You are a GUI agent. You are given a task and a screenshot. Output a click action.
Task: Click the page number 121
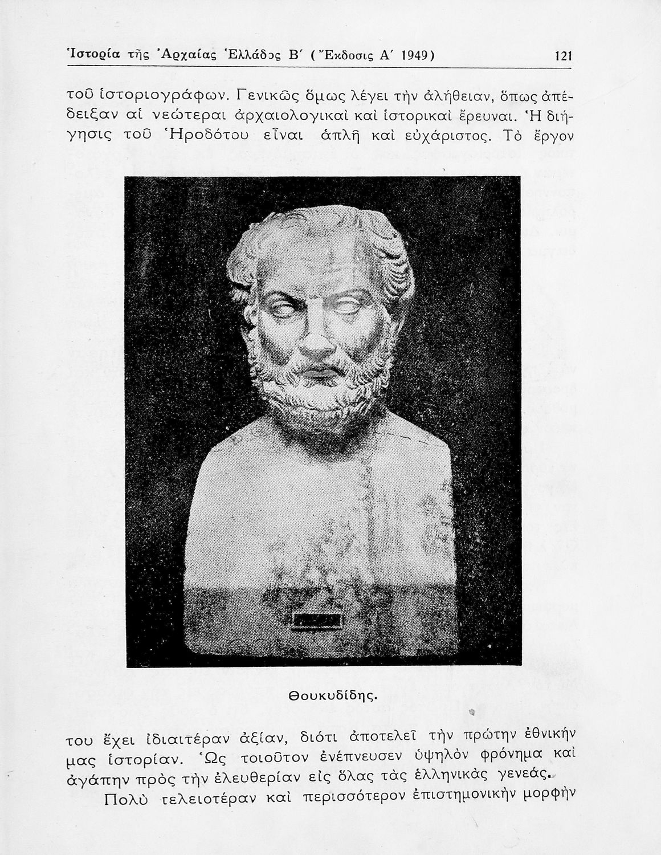(562, 56)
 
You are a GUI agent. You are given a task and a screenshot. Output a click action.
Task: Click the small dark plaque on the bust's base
(316, 621)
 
